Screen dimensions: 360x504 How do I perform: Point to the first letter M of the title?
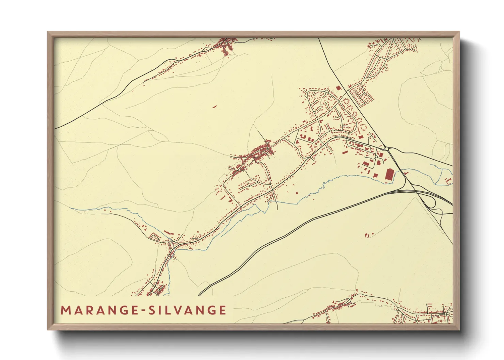64,310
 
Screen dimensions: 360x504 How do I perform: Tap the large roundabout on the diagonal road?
387,148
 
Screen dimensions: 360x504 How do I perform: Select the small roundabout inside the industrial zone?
376,157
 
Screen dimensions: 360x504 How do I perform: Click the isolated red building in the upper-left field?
215,107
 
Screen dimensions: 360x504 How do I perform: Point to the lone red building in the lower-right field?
367,235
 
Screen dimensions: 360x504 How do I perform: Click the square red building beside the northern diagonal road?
338,88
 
